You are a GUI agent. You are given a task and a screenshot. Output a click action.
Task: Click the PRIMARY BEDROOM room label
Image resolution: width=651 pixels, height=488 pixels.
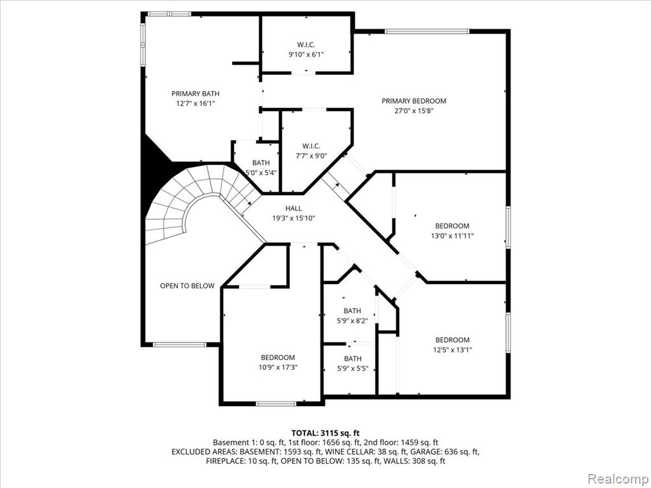point(414,101)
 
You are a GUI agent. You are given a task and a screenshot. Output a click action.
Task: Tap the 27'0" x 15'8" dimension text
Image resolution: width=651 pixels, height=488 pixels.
point(414,111)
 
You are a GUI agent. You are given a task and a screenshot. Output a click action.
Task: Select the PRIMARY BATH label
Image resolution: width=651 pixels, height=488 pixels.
point(195,94)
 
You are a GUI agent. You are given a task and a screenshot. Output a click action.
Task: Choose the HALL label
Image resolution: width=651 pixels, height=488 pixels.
point(294,208)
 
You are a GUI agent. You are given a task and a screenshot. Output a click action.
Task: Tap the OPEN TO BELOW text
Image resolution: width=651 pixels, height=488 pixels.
point(188,286)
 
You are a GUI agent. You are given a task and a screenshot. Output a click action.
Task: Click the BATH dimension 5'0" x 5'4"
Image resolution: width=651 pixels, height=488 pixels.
point(261,173)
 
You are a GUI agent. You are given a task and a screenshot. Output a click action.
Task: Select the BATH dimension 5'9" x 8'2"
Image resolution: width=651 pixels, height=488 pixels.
point(352,320)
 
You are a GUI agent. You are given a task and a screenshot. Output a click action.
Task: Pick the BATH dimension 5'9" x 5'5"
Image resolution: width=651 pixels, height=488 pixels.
point(352,369)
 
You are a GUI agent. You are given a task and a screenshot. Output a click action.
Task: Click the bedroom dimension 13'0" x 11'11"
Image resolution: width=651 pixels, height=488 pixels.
point(452,236)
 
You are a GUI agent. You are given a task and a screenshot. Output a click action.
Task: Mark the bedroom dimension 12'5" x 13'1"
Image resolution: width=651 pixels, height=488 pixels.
point(453,350)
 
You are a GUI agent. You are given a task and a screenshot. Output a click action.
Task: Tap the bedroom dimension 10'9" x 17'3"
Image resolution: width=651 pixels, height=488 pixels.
point(278,367)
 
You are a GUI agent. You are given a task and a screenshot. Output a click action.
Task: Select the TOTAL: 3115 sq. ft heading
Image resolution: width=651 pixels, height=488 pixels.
point(325,433)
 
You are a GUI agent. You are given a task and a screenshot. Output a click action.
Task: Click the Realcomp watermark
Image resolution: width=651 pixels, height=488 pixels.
point(617,478)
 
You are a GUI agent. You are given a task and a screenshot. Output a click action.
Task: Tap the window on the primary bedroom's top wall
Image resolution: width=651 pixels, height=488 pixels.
point(427,31)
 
